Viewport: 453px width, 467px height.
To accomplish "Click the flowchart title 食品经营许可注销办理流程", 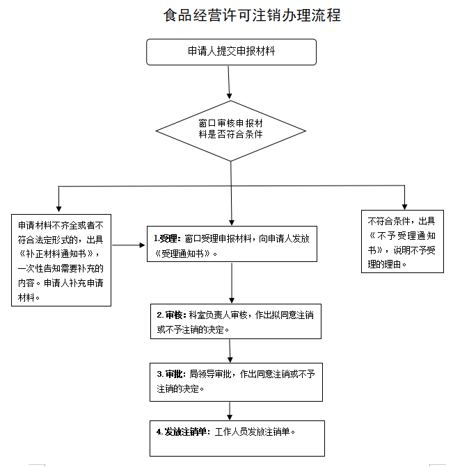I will point(252,15).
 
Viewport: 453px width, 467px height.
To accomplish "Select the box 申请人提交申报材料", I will point(231,51).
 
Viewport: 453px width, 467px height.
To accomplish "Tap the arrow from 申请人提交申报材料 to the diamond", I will point(230,81).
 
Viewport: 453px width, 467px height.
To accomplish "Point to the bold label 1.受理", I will point(167,238).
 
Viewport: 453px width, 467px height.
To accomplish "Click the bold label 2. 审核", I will point(171,316).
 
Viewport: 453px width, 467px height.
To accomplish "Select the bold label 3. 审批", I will point(171,374).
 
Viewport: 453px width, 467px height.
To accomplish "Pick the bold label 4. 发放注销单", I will point(182,432).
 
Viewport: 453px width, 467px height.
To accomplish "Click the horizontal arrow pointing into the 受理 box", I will point(128,245).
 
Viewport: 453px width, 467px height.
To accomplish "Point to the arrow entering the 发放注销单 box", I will point(230,410).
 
